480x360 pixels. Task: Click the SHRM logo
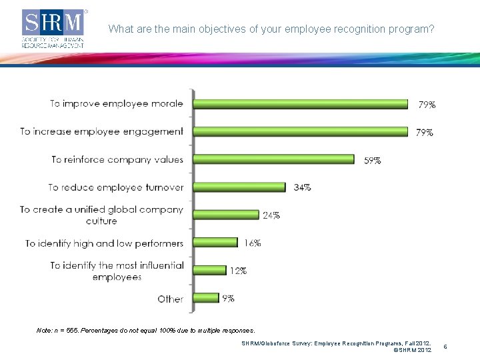[x=55, y=29]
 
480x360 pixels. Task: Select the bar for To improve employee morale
[x=301, y=103]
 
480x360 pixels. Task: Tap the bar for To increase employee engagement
[x=301, y=131]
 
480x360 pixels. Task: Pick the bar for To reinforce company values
[x=274, y=159]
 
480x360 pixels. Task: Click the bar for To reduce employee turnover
[x=239, y=187]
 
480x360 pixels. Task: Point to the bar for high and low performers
[x=215, y=243]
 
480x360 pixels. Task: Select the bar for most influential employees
[x=210, y=270]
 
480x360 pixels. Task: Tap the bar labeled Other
[x=206, y=298]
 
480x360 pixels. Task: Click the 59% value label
[x=372, y=160]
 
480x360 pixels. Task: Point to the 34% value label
[x=302, y=187]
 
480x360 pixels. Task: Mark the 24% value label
[x=271, y=215]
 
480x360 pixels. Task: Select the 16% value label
[x=252, y=243]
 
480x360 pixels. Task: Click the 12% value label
[x=238, y=271]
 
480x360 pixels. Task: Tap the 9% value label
[x=228, y=299]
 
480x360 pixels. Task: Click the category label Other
[x=170, y=299]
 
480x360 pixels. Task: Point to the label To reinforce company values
[x=117, y=159]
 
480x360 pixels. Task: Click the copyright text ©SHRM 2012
[x=413, y=350]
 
